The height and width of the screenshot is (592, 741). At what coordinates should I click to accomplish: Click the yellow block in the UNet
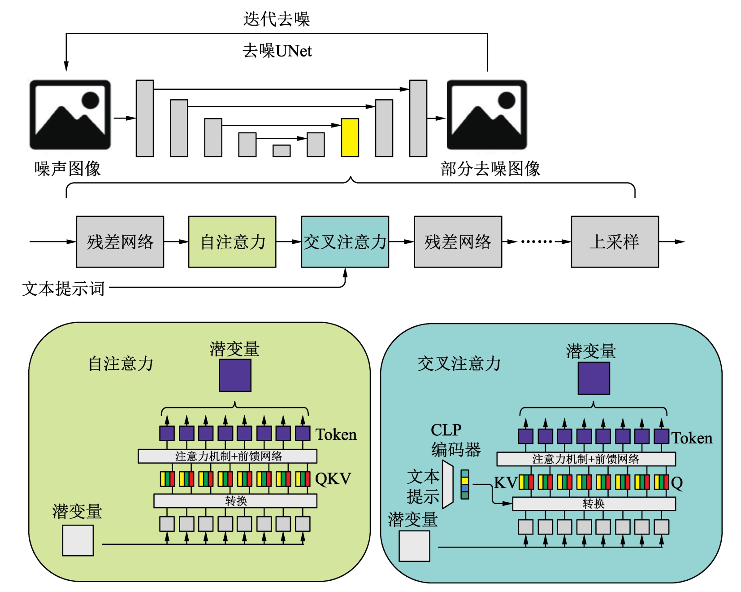coord(350,137)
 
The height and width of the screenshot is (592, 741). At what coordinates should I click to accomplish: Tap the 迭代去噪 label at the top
coord(276,19)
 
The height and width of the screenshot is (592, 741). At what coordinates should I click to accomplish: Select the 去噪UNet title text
coord(277,51)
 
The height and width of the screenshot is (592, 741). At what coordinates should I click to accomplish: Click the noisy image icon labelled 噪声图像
coord(70,114)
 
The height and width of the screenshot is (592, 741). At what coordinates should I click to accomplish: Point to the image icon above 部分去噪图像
coord(486,114)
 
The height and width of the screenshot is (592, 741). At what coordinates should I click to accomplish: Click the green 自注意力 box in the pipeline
coord(232,242)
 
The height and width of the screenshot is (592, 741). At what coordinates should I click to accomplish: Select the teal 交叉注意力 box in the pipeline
coord(345,242)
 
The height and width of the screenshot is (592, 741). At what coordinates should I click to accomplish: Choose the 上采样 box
coord(615,242)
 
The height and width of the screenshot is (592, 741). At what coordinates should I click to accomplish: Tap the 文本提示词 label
coord(63,289)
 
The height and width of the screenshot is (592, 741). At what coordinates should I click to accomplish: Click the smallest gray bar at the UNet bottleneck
coord(282,151)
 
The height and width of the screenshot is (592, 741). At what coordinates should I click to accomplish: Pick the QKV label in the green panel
coord(333,479)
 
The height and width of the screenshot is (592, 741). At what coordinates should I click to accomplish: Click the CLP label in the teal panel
coord(446,430)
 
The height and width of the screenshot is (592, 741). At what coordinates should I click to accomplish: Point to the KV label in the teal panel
coord(506,482)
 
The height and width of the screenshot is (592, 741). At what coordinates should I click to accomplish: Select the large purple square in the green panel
coord(235,375)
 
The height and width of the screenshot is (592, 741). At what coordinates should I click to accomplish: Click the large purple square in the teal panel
coord(594,378)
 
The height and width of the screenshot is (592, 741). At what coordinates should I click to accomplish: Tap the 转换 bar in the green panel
coord(235,501)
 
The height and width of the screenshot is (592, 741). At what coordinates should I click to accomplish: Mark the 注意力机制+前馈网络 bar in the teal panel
coord(585,459)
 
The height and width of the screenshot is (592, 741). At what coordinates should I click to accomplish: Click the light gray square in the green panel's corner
coord(78,541)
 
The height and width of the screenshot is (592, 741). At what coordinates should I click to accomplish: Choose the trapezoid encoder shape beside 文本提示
coord(447,484)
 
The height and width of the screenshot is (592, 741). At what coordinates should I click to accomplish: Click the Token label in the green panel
coord(336,434)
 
